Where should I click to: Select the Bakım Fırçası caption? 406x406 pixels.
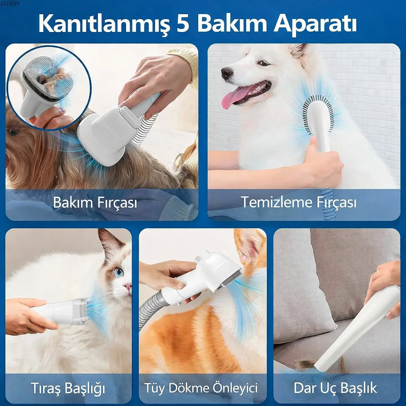tap(95, 203)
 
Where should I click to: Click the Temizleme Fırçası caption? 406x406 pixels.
tap(299, 203)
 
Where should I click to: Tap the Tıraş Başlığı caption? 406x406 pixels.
tap(68, 387)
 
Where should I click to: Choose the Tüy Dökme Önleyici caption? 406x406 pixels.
tap(201, 387)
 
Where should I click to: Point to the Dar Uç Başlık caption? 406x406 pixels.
tap(335, 387)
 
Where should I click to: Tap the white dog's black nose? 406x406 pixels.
tap(227, 73)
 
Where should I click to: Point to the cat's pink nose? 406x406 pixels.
tap(128, 286)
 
